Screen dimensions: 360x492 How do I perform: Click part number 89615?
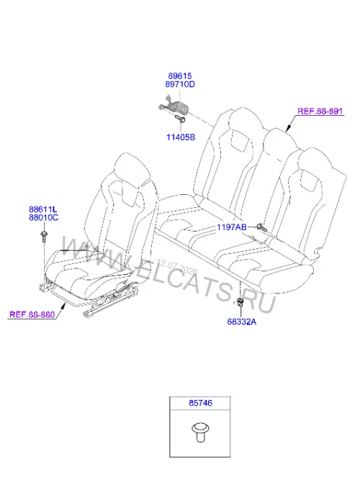180,76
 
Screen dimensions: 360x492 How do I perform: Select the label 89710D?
180,84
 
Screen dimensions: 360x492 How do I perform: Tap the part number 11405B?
181,137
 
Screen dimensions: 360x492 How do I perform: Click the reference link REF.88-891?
320,111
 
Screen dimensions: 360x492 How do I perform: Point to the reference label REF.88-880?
32,314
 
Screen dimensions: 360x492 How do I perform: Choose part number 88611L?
43,209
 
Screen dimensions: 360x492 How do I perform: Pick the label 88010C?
43,217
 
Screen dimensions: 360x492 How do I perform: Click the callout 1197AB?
232,227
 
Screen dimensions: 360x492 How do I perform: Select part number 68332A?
242,322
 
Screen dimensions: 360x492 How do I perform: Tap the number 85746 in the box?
200,403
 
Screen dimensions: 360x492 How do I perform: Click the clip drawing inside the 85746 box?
200,432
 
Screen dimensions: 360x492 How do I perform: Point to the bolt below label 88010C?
44,236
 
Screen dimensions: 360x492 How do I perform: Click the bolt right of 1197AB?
261,227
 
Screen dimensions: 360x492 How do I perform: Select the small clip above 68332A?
240,302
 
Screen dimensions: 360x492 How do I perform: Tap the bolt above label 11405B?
179,119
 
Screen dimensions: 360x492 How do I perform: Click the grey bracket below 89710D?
174,106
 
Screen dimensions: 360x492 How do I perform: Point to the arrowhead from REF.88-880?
64,306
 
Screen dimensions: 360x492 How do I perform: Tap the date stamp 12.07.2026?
178,267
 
